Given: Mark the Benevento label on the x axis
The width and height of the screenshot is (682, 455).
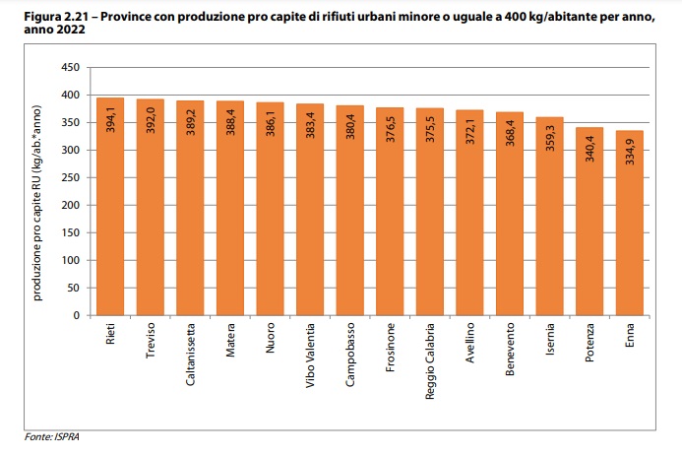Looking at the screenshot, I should point(510,349).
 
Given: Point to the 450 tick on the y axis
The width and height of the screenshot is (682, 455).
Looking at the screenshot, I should point(70,68).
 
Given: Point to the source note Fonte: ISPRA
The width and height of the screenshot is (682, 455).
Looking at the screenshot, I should point(51,434).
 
